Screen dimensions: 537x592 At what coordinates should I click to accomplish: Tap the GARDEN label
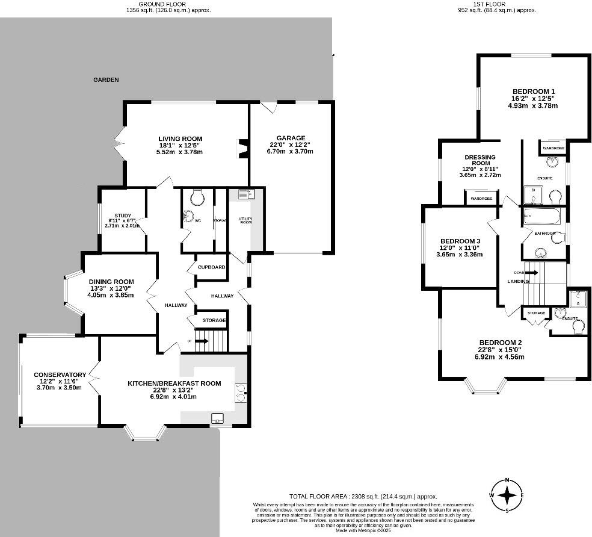pyautogui.click(x=106, y=79)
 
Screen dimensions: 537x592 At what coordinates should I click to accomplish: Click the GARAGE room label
pyautogui.click(x=291, y=138)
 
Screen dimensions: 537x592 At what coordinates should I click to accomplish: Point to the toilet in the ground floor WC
pyautogui.click(x=196, y=197)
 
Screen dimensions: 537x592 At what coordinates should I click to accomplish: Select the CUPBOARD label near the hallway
pyautogui.click(x=211, y=267)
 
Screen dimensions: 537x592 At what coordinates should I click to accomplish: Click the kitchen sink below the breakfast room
pyautogui.click(x=217, y=417)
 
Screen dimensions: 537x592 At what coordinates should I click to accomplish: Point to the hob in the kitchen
pyautogui.click(x=241, y=392)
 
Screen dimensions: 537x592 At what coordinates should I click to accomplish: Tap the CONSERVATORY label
pyautogui.click(x=60, y=374)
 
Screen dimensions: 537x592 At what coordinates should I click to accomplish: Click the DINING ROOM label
pyautogui.click(x=111, y=282)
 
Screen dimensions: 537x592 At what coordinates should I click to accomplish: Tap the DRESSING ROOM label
pyautogui.click(x=479, y=160)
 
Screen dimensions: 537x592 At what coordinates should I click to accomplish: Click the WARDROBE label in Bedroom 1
pyautogui.click(x=553, y=148)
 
